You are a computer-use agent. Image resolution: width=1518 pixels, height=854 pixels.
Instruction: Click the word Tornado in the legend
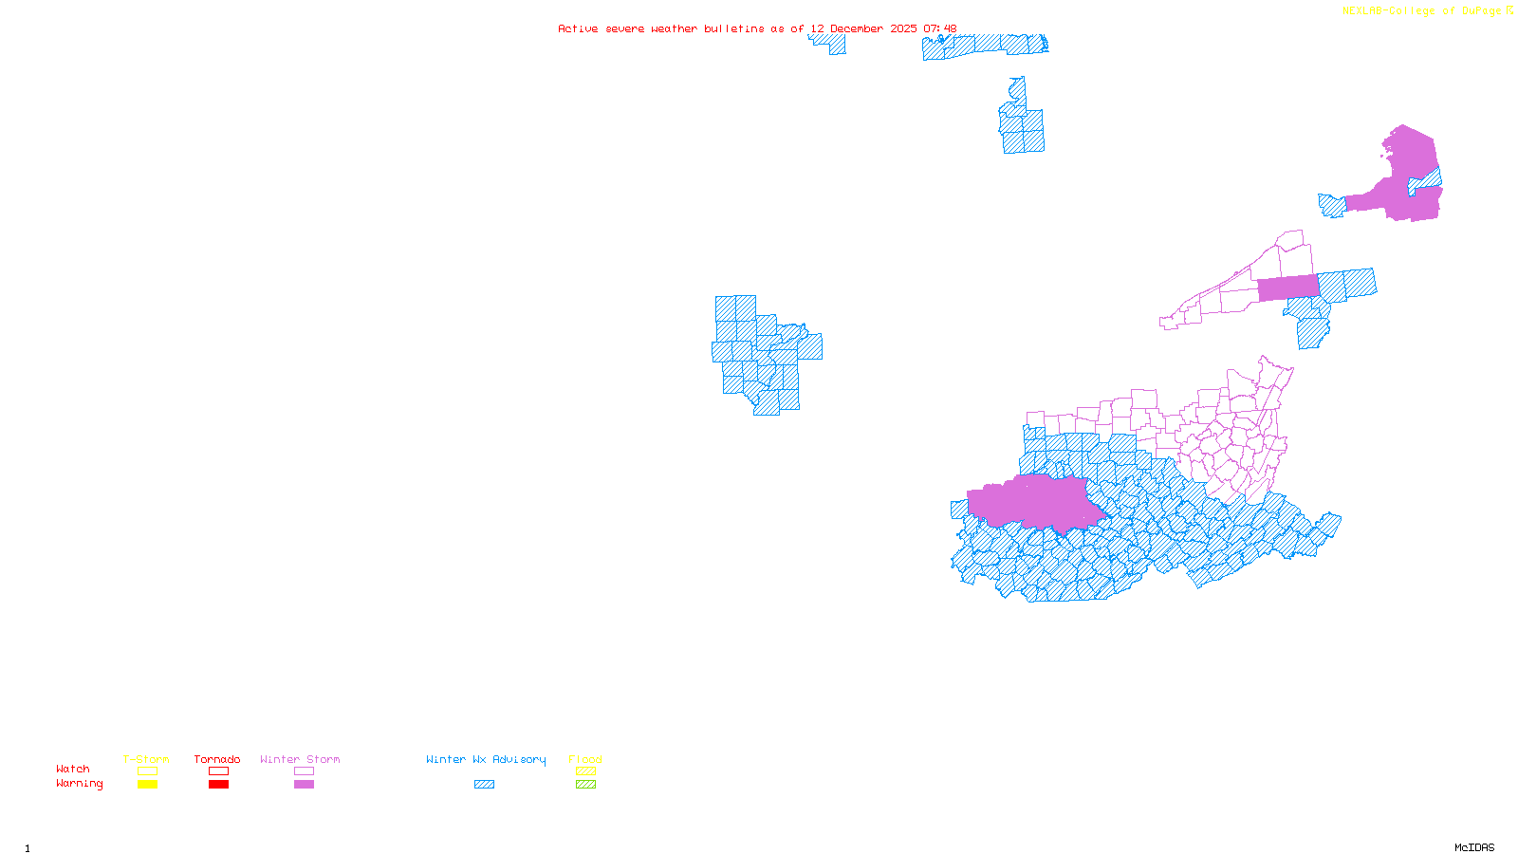point(217,759)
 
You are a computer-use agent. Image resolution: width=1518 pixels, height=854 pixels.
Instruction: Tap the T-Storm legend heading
point(146,759)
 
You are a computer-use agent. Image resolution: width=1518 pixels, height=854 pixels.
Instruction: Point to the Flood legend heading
point(585,759)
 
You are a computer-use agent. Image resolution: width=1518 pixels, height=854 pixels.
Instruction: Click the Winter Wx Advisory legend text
point(486,759)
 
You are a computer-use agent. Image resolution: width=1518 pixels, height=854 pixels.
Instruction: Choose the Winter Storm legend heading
point(300,759)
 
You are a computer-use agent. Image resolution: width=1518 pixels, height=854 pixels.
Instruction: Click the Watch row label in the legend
point(73,769)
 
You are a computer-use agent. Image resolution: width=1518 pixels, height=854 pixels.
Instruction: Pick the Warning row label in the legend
point(79,784)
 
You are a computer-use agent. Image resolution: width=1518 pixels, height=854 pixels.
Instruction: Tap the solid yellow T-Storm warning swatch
point(147,784)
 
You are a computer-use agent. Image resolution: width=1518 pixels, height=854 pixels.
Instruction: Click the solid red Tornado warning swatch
point(218,784)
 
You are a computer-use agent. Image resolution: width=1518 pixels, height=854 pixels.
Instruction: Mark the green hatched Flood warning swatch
point(585,784)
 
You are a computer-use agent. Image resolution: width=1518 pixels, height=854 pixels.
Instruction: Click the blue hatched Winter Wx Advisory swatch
point(484,784)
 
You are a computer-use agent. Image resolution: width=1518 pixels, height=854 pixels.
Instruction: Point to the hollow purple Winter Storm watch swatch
point(304,771)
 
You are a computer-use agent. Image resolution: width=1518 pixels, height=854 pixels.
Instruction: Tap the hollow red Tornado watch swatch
point(218,771)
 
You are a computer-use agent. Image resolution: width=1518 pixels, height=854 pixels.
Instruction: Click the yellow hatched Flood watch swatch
point(585,771)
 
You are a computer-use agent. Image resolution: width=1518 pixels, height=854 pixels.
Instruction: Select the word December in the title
point(857,28)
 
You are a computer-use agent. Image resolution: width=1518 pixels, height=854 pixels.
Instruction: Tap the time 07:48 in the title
point(939,28)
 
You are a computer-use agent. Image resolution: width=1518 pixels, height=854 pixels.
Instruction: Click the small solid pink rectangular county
point(1287,288)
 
